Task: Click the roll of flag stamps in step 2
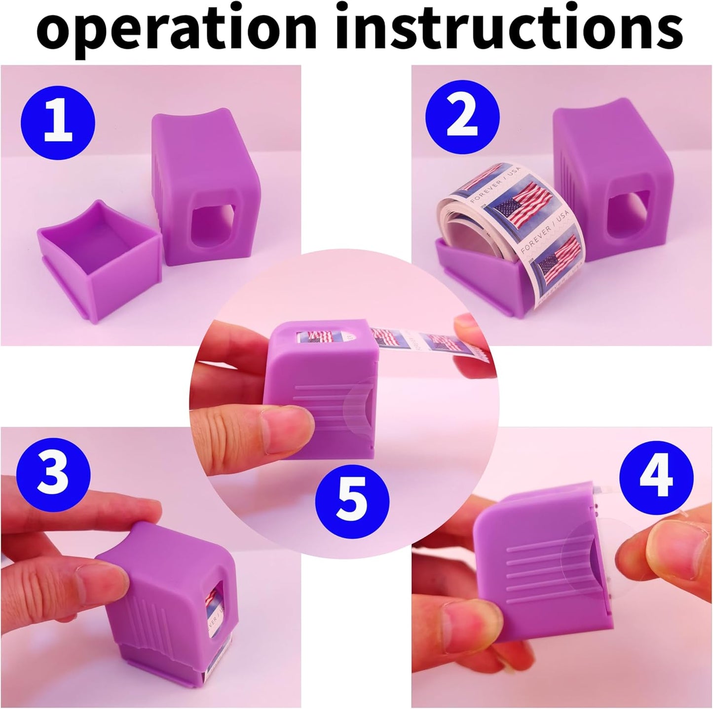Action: tap(513, 222)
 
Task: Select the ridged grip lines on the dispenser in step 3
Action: tap(148, 627)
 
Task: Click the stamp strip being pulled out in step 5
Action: tap(414, 340)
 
